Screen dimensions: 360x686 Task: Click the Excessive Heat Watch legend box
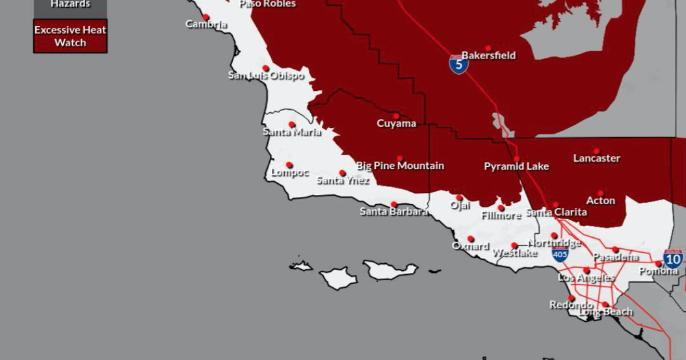click(70, 36)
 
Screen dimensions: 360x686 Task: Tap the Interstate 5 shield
click(458, 64)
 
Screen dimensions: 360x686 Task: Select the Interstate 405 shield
click(560, 254)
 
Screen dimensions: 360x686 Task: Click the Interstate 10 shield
click(673, 258)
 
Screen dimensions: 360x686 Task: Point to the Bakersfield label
click(488, 56)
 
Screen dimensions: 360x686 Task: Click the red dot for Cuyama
click(396, 116)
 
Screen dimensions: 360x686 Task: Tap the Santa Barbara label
click(393, 212)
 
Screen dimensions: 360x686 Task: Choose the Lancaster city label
click(596, 159)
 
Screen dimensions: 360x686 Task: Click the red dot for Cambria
click(206, 18)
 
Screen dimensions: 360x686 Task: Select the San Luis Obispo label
click(266, 76)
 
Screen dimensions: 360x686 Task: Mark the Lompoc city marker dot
click(289, 165)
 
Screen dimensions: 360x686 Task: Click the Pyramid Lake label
click(516, 167)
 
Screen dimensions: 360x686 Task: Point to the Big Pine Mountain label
click(400, 166)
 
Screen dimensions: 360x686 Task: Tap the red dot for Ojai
click(459, 198)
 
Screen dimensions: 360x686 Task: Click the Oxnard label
click(470, 246)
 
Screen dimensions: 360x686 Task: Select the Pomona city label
click(658, 271)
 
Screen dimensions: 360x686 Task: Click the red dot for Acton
click(600, 194)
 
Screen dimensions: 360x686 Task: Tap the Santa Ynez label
click(343, 181)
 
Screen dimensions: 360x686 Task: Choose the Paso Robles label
click(267, 4)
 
